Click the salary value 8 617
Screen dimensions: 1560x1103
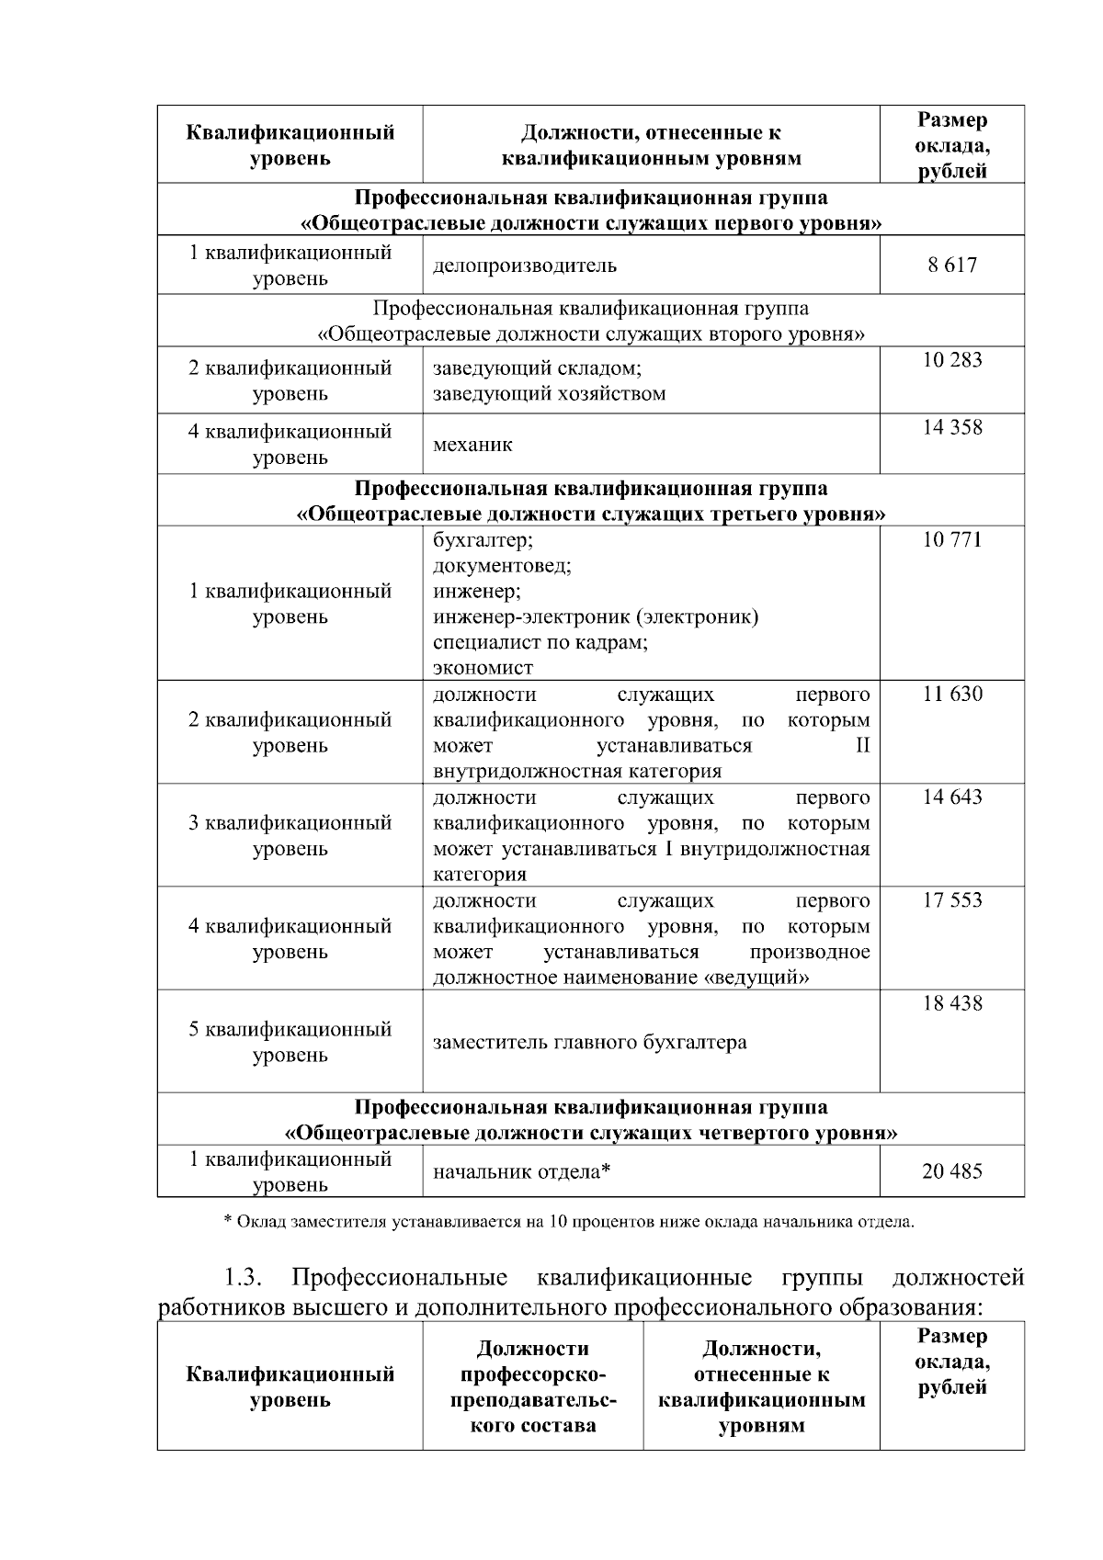click(952, 266)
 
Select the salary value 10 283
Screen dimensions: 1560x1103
click(952, 360)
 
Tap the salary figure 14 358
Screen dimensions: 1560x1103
click(952, 427)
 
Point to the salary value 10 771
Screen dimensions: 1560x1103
click(952, 539)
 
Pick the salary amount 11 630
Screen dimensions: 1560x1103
click(952, 694)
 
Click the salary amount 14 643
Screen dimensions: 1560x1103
click(952, 797)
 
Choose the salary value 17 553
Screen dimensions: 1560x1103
click(952, 900)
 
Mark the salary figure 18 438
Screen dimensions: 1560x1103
click(952, 1003)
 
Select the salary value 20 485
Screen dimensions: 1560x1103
click(952, 1171)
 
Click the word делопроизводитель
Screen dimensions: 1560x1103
click(525, 266)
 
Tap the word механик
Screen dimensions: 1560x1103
click(472, 445)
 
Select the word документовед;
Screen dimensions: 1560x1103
click(502, 565)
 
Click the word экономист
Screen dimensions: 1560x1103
click(483, 668)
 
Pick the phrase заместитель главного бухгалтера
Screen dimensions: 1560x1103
click(589, 1043)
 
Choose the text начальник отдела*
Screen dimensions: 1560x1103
click(522, 1171)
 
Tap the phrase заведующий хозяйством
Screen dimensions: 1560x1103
click(549, 394)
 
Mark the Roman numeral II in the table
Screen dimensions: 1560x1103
click(862, 745)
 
